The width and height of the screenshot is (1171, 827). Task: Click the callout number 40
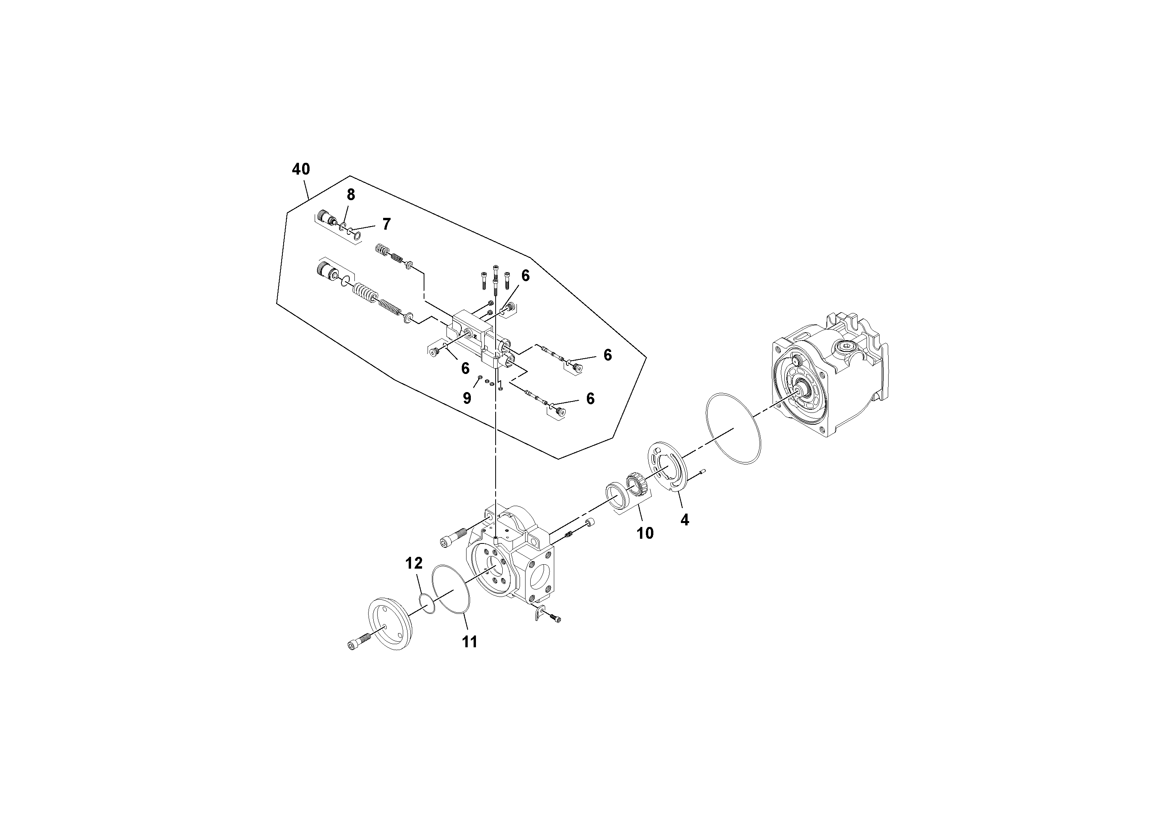pos(301,169)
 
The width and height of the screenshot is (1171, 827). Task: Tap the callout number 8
pos(351,195)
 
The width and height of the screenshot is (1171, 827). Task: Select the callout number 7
pos(386,224)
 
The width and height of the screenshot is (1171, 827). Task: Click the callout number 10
pos(645,533)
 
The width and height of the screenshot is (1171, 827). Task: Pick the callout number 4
pos(684,520)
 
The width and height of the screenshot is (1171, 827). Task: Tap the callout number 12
pos(414,564)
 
